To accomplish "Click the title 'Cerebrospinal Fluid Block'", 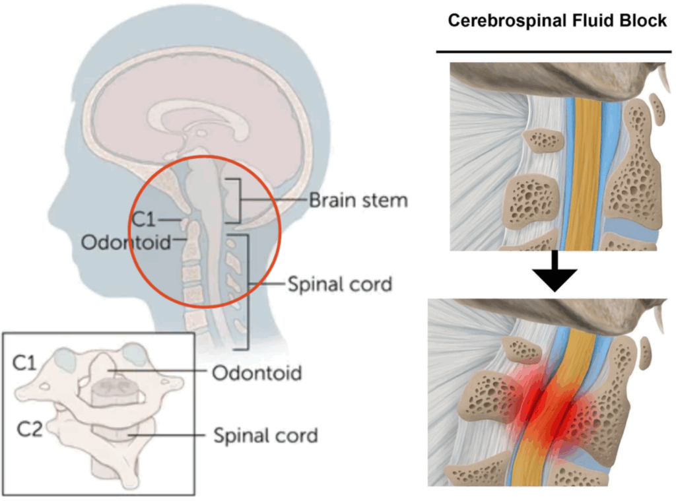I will pos(557,20).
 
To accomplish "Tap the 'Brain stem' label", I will pos(358,200).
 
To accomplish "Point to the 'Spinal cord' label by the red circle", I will pos(340,284).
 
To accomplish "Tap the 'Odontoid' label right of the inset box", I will pos(257,373).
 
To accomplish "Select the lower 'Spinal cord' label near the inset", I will pos(265,436).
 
